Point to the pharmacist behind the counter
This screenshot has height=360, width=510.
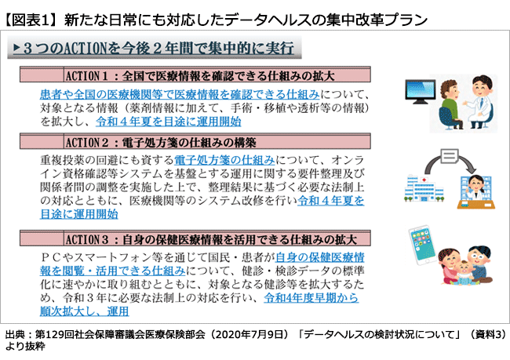tap(472, 189)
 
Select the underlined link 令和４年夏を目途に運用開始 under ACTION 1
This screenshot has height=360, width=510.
tap(167, 122)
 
